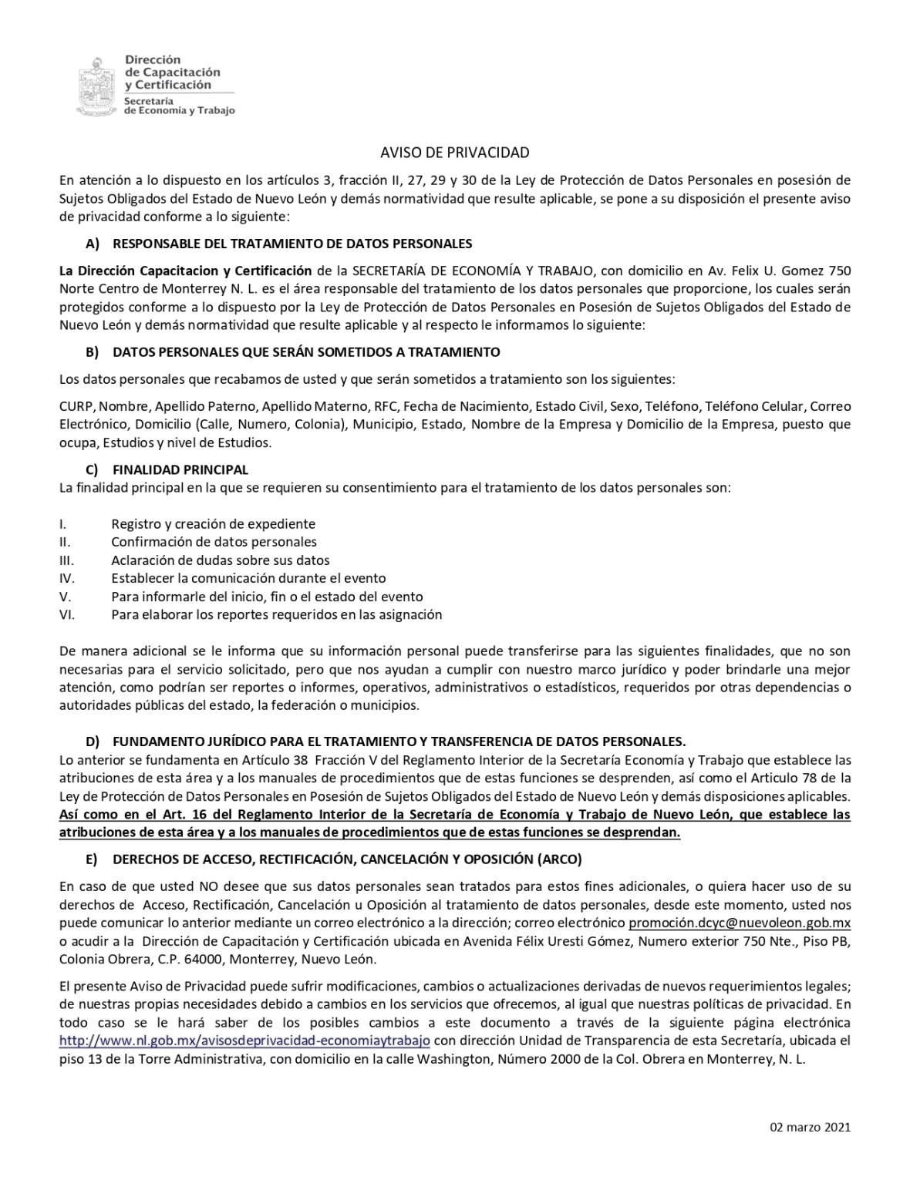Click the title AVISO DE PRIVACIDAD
point(455,153)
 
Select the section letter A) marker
point(93,244)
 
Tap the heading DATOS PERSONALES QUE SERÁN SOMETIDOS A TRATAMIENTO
point(306,352)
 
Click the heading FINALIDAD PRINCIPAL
point(180,469)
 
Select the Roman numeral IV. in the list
point(66,578)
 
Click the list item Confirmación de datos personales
point(214,542)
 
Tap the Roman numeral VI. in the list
point(66,614)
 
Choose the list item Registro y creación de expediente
point(213,524)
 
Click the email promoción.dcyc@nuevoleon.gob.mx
point(740,923)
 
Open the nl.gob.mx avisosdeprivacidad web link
point(244,1041)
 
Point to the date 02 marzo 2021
point(810,1127)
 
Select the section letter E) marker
point(93,859)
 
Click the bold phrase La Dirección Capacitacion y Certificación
point(185,271)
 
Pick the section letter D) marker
point(93,742)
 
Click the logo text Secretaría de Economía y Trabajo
point(179,106)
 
